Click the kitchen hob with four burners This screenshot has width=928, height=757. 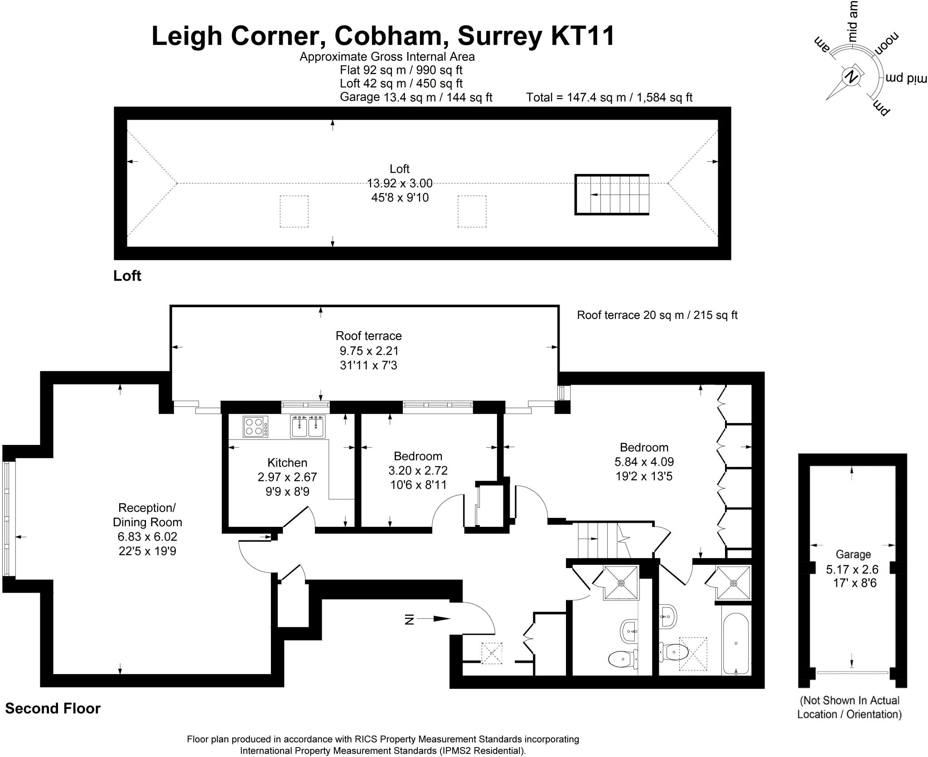tap(255, 426)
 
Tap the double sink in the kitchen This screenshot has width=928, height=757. tap(308, 427)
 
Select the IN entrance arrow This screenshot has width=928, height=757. tap(428, 619)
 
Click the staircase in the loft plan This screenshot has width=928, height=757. tap(612, 194)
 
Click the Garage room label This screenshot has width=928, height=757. tap(853, 554)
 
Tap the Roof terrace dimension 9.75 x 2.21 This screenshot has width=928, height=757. tap(369, 351)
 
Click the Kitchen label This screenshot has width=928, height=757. tap(287, 463)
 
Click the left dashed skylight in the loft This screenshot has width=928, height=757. tap(294, 211)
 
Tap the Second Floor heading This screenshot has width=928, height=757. tap(53, 708)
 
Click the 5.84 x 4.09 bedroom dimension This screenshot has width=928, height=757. tap(644, 462)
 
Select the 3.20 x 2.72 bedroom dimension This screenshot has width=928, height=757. tap(418, 470)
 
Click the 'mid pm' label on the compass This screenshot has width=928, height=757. tap(904, 77)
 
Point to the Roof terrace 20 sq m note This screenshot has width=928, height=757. tap(657, 315)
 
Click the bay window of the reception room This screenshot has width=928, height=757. tap(8, 518)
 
